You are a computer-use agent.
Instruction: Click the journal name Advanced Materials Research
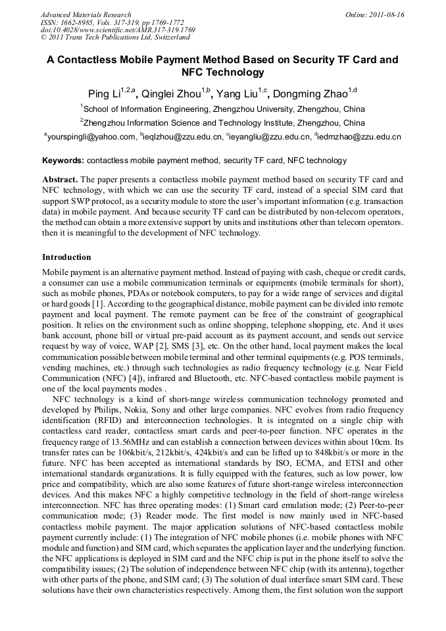[86, 14]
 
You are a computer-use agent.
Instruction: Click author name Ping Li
[104, 93]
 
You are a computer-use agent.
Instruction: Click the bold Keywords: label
[63, 161]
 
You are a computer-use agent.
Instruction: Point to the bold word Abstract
[60, 179]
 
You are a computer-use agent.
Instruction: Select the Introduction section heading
[66, 257]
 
